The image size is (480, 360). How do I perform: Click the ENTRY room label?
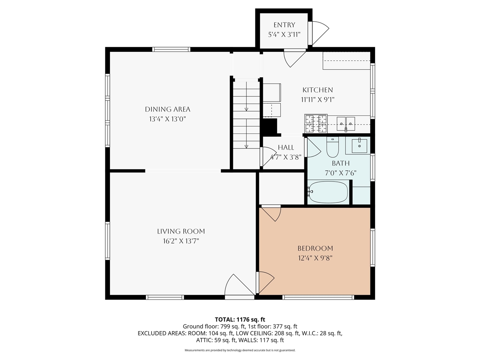click(284, 25)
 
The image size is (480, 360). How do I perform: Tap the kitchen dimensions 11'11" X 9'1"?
click(317, 100)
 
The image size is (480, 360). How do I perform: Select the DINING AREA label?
click(168, 109)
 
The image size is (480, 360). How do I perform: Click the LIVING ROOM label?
click(181, 231)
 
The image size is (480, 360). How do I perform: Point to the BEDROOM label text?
click(315, 248)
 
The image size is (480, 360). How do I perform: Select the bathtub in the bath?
click(328, 192)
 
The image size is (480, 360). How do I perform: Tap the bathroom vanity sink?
click(359, 145)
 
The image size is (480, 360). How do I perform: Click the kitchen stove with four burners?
click(316, 124)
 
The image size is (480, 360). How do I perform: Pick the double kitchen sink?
click(345, 122)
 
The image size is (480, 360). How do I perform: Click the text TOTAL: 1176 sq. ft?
click(240, 319)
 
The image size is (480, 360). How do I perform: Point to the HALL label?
click(286, 148)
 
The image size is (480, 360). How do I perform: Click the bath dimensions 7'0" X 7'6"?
click(340, 173)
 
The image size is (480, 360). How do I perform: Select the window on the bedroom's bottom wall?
click(318, 297)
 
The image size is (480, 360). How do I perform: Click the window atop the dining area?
click(171, 49)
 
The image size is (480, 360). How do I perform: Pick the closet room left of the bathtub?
click(281, 189)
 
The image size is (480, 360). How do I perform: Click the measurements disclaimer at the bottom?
click(240, 350)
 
